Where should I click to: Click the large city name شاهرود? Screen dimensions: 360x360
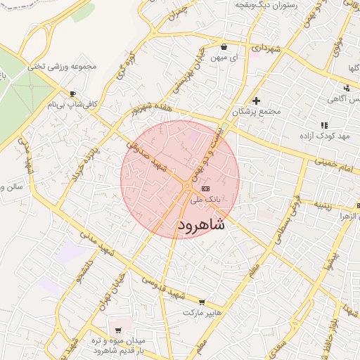[201, 224]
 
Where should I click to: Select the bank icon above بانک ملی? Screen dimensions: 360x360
[205, 189]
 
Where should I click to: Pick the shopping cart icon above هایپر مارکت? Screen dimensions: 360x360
[202, 302]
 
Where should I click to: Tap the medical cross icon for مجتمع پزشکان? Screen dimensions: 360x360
[257, 101]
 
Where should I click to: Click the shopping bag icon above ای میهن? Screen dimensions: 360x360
[224, 47]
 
